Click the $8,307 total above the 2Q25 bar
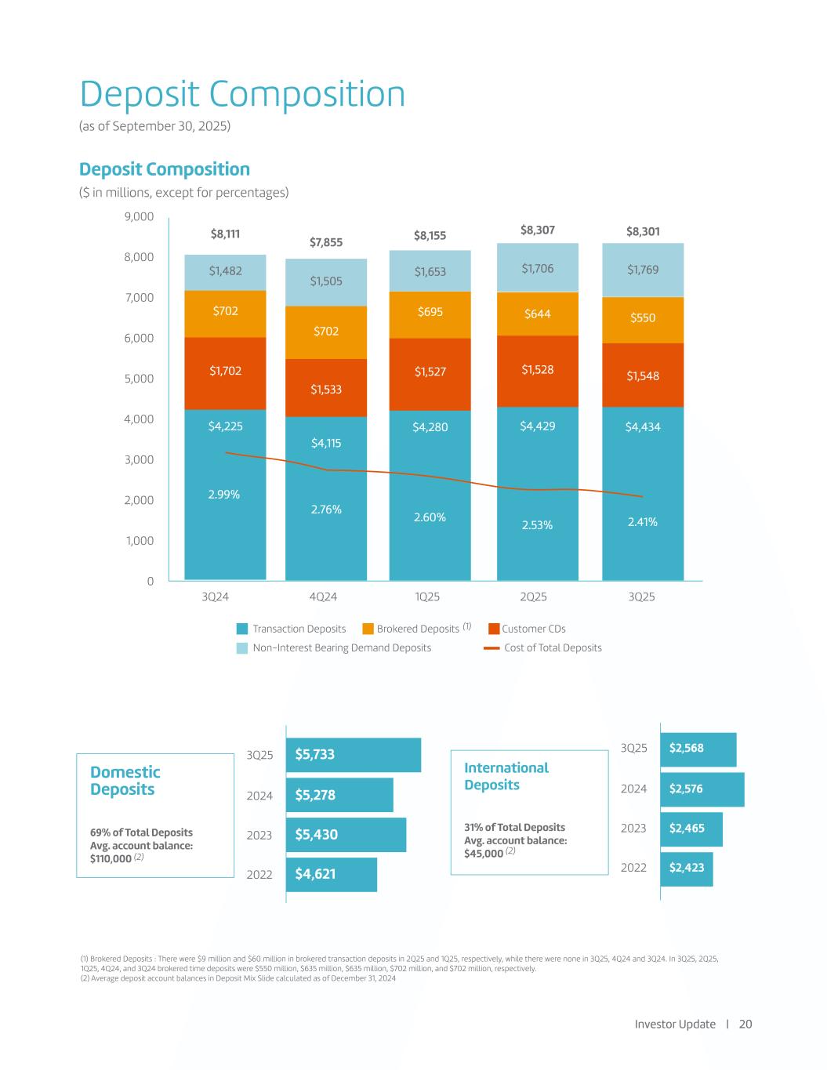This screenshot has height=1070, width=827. [537, 230]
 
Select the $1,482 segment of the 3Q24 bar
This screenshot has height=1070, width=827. [225, 271]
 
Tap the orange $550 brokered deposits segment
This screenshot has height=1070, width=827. [643, 318]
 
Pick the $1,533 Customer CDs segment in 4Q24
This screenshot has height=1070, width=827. [326, 389]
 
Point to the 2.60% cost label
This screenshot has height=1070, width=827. [430, 517]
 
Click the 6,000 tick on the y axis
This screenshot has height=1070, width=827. [139, 338]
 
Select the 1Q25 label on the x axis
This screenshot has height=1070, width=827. [426, 597]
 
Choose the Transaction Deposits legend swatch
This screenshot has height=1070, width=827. [243, 629]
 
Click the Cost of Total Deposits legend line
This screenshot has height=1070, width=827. [491, 648]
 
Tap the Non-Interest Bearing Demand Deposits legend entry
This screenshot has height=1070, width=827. [341, 647]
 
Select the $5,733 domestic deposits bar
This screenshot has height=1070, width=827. [353, 755]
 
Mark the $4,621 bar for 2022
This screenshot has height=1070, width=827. [332, 874]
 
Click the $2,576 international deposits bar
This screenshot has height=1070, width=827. [702, 789]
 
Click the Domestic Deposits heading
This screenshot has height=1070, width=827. [125, 781]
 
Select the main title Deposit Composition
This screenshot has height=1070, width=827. [243, 95]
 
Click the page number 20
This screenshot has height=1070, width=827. [745, 1024]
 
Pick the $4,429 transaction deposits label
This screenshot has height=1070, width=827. [537, 426]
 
